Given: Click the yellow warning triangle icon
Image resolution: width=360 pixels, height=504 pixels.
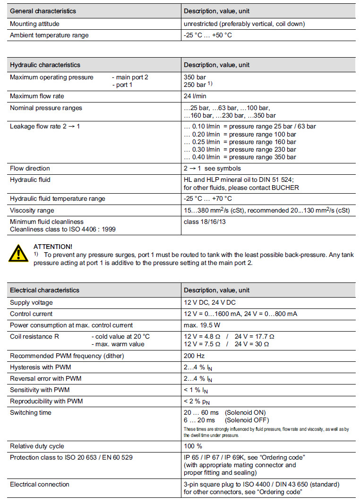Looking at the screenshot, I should coord(18,254).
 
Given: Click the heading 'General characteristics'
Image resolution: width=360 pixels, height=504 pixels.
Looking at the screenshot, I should coord(43,11).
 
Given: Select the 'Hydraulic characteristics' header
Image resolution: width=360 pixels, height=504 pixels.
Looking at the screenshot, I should coord(45,65).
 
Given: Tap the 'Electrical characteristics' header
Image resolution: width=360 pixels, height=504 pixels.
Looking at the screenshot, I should coord(44,290).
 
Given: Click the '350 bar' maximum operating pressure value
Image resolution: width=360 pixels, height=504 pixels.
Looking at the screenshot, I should coord(195,77).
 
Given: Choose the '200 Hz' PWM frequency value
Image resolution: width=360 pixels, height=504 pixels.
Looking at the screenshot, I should coord(194,356).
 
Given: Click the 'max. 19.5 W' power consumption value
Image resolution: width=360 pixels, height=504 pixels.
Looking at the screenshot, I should coord(202,325).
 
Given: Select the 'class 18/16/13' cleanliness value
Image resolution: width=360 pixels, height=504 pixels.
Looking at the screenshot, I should coord(205,222).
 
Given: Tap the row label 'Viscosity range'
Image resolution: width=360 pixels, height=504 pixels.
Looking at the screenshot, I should coord(32,210).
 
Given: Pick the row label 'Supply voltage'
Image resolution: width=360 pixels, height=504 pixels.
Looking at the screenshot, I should coord(31,302).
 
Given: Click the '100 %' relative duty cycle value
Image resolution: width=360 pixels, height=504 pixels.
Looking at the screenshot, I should coord(193,446).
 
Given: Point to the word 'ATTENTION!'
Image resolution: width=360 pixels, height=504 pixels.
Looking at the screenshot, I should coord(53,247).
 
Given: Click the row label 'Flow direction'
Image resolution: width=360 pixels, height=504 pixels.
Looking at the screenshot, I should coord(30,168).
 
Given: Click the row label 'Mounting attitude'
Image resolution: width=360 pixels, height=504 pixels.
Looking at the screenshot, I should coord(34,24).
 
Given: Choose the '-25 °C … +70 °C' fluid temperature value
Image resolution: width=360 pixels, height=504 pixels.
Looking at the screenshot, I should coord(207,199).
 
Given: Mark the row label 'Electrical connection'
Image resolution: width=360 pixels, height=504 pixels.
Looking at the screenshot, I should coord(39,484).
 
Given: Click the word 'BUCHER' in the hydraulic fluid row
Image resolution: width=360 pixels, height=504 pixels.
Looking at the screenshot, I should coord(285,188).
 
